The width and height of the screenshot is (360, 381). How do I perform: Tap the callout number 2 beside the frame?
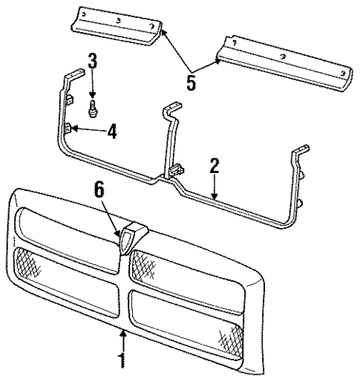pyautogui.click(x=214, y=166)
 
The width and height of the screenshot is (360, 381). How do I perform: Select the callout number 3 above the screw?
pyautogui.click(x=92, y=62)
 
